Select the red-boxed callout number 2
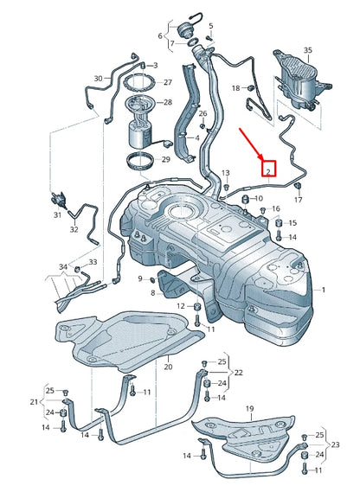coord(269,171)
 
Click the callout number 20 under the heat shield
coord(168,367)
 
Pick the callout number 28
coord(168,102)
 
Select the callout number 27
coord(168,83)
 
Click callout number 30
coord(98,79)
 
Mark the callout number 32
coord(74,230)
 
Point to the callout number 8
coord(152,293)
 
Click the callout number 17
coord(299,201)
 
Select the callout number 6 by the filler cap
coord(160,36)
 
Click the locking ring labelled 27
coord(138,84)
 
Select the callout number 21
coord(34,402)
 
